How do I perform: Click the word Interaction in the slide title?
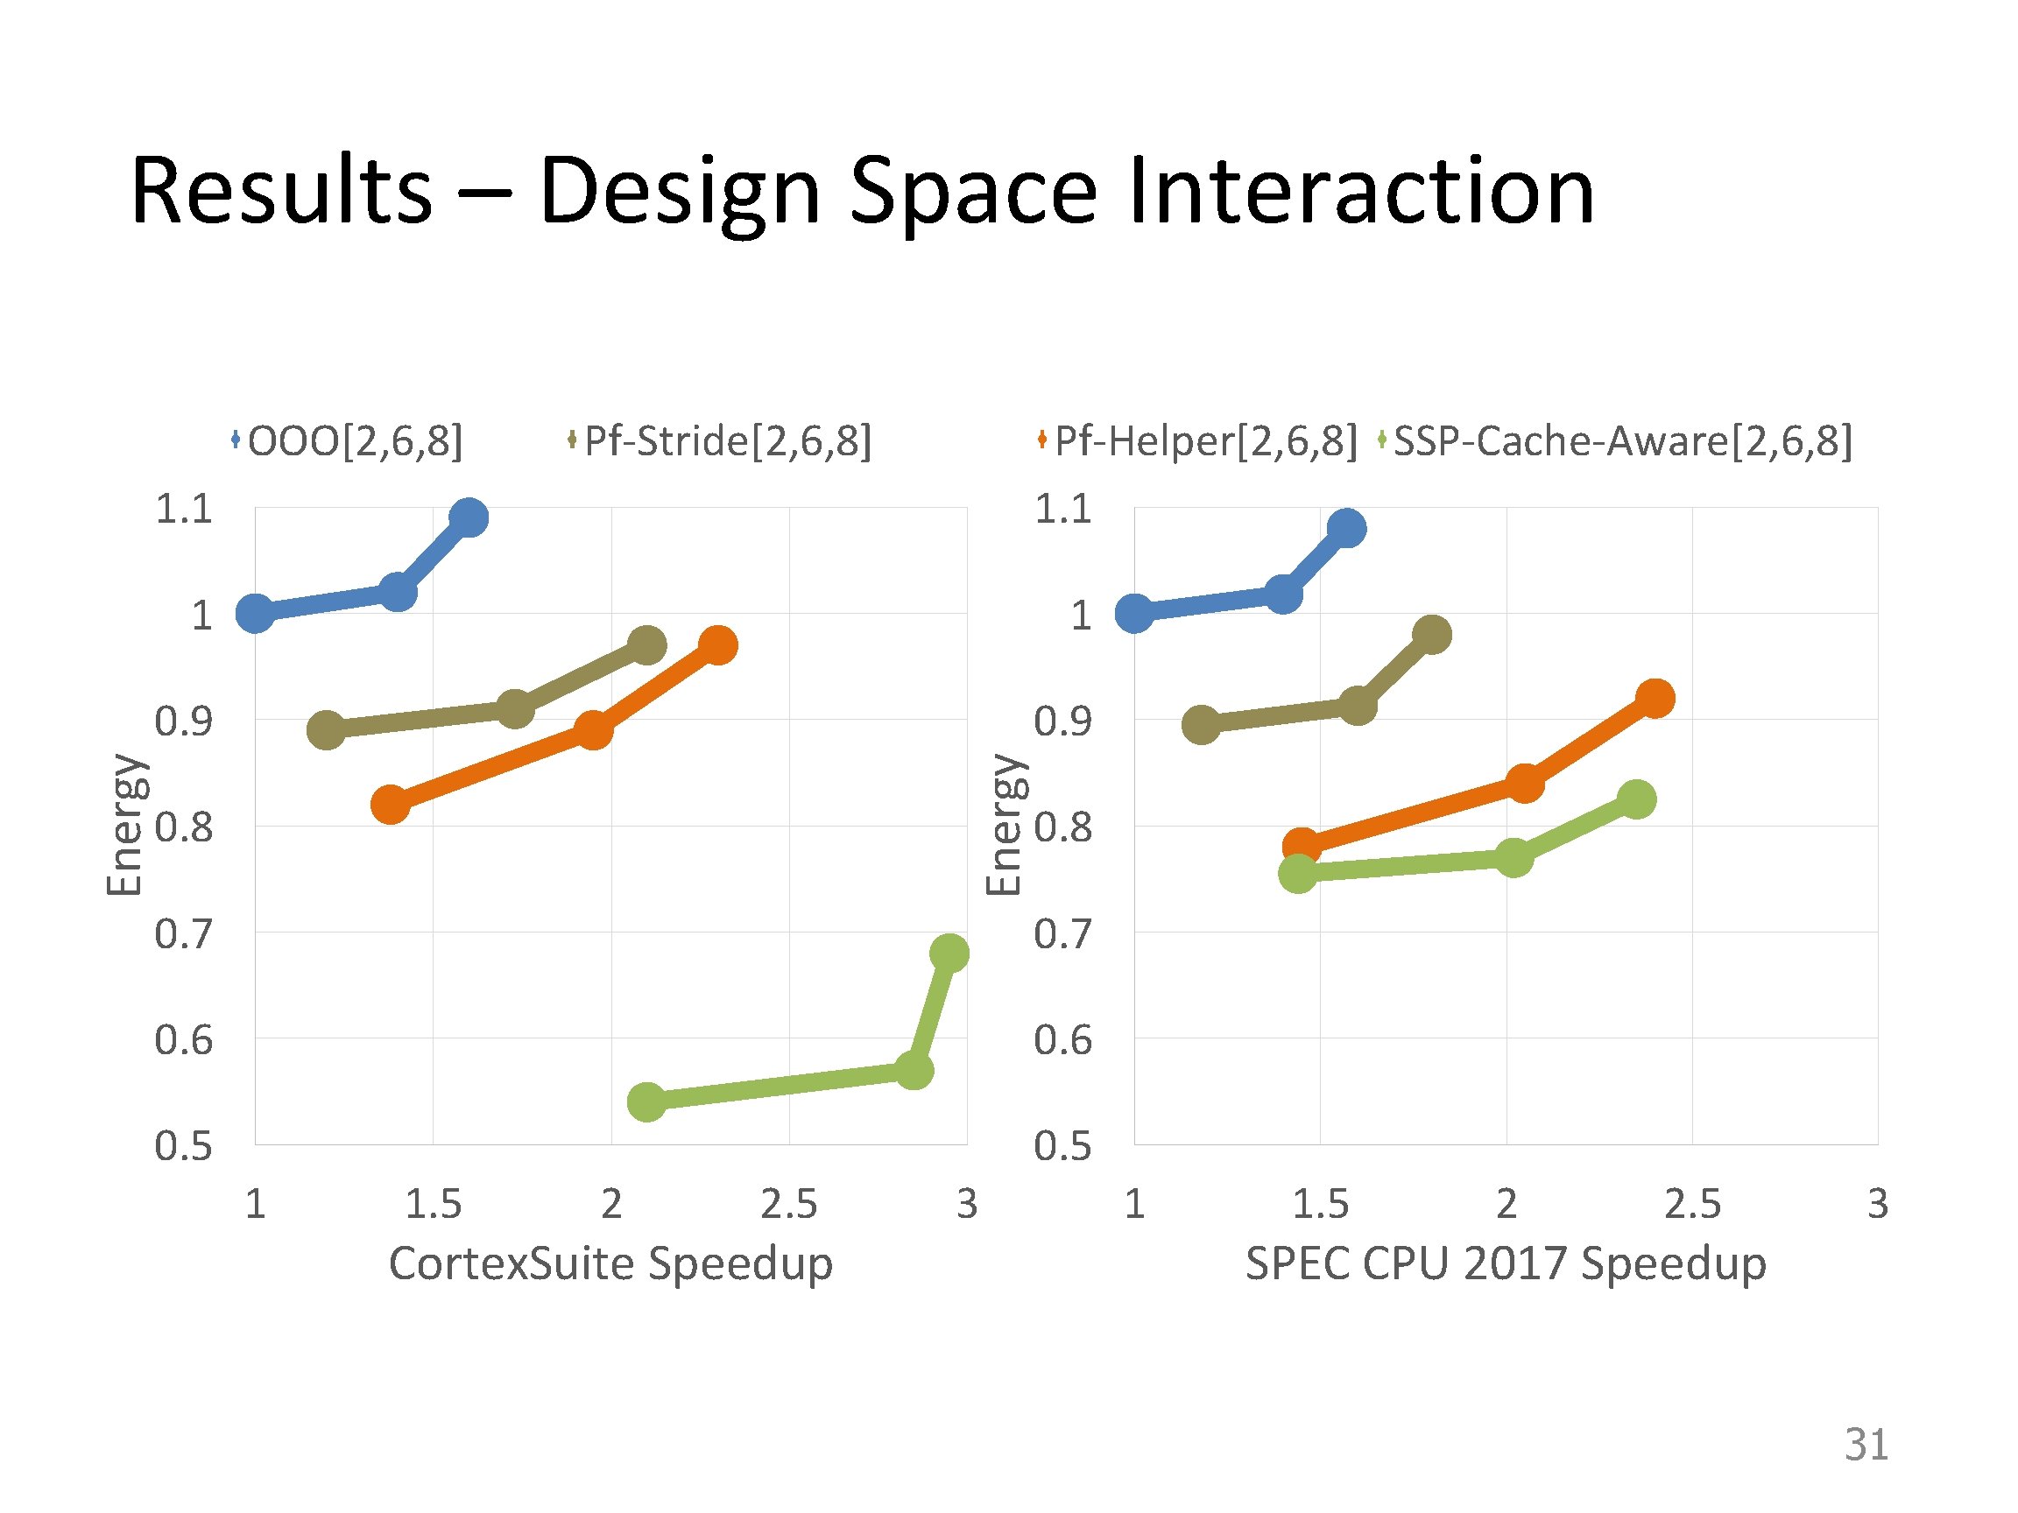point(1361,191)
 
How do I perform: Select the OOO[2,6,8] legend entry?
point(348,441)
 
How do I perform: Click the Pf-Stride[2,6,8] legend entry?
point(720,441)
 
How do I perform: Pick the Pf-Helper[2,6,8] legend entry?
point(1197,441)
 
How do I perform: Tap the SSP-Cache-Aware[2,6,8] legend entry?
point(1615,441)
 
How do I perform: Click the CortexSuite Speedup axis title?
point(610,1265)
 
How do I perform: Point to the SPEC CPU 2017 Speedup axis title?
point(1506,1265)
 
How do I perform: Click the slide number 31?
point(1866,1445)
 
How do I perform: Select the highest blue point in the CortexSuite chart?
point(469,518)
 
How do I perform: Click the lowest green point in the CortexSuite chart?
point(646,1101)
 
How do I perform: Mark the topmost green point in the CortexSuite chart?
point(949,953)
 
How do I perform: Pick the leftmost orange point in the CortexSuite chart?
point(391,805)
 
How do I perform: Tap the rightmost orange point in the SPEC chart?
point(1655,699)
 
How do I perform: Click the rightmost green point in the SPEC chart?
point(1637,799)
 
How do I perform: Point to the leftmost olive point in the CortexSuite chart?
point(326,729)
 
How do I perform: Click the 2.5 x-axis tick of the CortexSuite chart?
point(789,1205)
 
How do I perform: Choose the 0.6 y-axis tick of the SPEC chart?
point(1062,1039)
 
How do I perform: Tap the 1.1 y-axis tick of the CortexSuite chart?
point(183,509)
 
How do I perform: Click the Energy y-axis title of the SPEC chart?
point(1006,825)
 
